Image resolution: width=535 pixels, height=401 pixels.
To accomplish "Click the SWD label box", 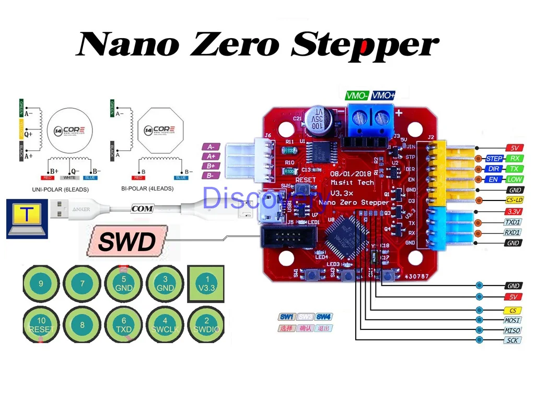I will point(127,242).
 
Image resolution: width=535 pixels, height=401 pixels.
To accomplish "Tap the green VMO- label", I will point(357,96).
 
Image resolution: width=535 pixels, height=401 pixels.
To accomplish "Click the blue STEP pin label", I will point(494,159).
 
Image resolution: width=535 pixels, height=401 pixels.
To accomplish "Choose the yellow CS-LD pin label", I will point(514,200).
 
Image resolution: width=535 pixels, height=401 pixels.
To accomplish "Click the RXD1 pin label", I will point(513,233).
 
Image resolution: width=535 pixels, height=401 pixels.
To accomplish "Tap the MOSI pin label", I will point(513,320).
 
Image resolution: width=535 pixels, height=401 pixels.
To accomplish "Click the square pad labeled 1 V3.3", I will point(207,284).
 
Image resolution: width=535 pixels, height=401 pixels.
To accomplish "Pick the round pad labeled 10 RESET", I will point(41,325).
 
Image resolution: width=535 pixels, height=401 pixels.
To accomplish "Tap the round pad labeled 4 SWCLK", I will point(165,325).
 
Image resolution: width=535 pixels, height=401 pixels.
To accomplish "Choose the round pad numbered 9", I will point(41,284).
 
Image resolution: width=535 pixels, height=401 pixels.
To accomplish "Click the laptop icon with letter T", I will point(25,219).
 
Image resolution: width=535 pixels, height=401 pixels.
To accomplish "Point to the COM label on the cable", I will point(142,209).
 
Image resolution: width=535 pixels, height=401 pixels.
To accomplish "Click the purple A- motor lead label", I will point(211,147).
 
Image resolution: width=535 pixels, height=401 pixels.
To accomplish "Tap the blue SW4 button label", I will point(323,317).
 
